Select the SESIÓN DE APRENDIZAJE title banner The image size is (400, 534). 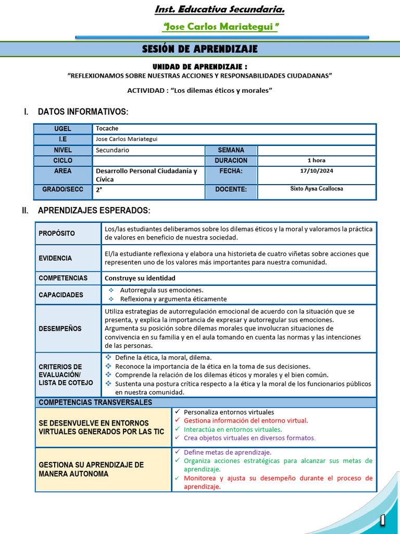point(200,49)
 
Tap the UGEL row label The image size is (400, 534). point(63,129)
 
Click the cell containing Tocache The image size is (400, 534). point(234,129)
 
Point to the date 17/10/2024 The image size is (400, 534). point(316,171)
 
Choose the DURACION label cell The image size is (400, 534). point(231,161)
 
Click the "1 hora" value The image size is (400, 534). point(316,161)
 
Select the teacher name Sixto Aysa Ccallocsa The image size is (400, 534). point(316,189)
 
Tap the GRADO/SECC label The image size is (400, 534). point(63,189)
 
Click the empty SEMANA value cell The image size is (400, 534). point(316,150)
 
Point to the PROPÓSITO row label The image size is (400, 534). point(57,233)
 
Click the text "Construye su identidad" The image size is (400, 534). point(140,278)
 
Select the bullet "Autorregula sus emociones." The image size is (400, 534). point(161,290)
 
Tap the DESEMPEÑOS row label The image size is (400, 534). point(60,329)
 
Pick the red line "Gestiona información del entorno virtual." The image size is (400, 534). point(246,420)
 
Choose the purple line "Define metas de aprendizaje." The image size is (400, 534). point(228,452)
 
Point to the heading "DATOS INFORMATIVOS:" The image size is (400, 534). point(83,112)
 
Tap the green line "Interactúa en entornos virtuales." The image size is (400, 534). point(233,429)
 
